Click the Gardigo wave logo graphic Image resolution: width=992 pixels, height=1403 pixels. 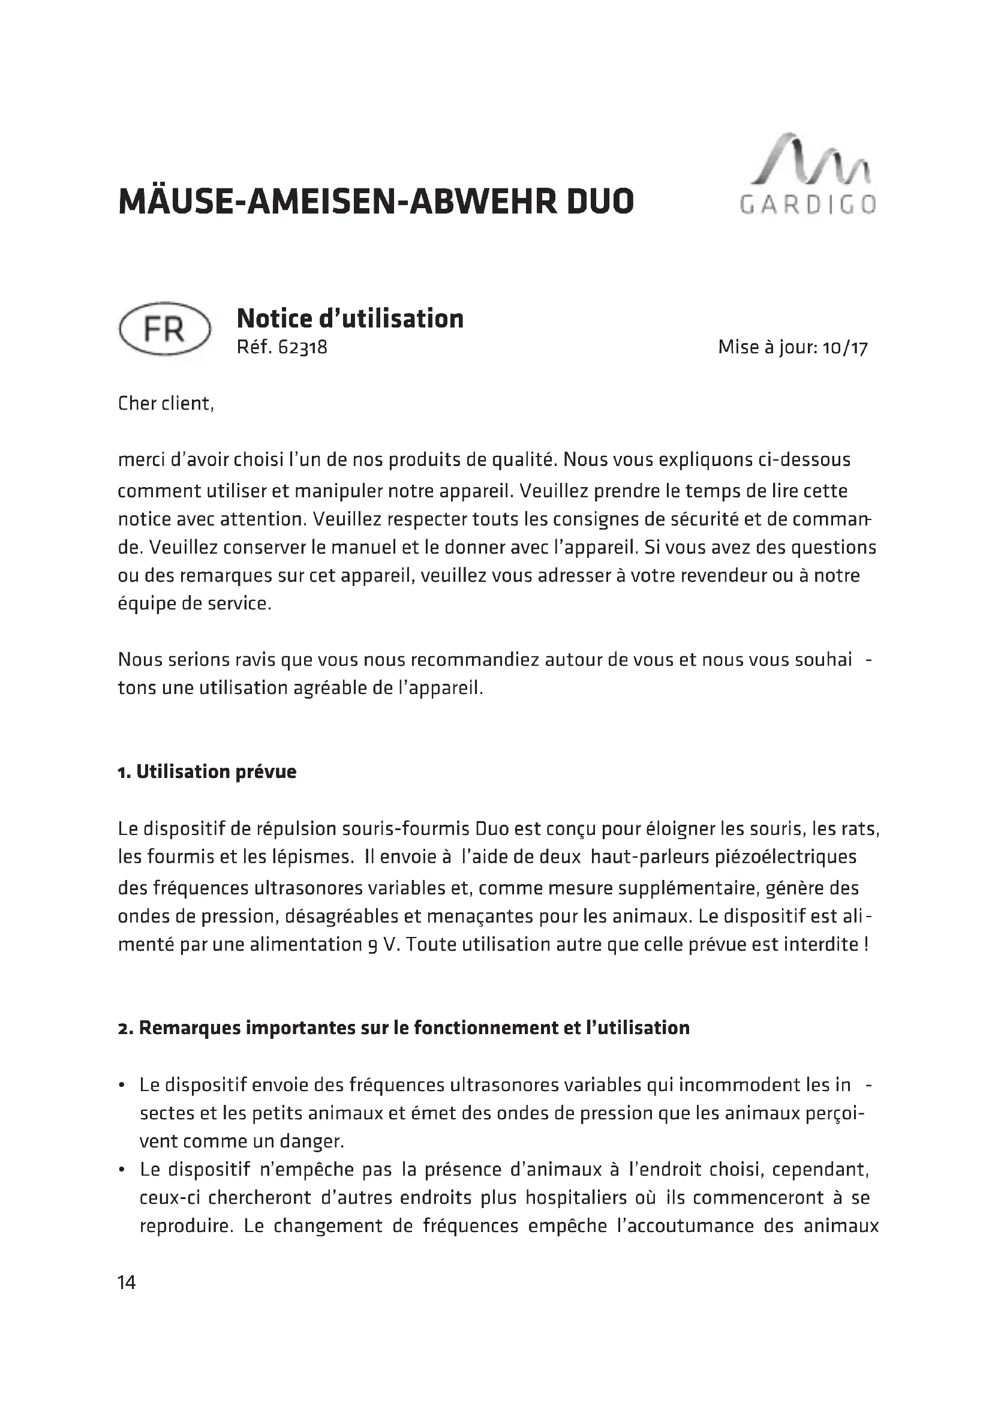[x=811, y=159]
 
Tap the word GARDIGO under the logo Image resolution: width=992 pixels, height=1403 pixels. [x=808, y=205]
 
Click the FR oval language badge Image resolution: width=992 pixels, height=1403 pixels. [x=164, y=329]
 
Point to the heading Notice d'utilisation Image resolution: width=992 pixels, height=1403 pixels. [x=350, y=319]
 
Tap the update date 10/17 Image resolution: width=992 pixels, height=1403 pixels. [x=845, y=348]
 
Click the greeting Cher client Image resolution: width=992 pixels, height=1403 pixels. [x=166, y=403]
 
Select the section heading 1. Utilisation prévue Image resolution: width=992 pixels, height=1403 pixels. [x=207, y=772]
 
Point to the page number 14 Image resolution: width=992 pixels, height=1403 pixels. [x=127, y=1281]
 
